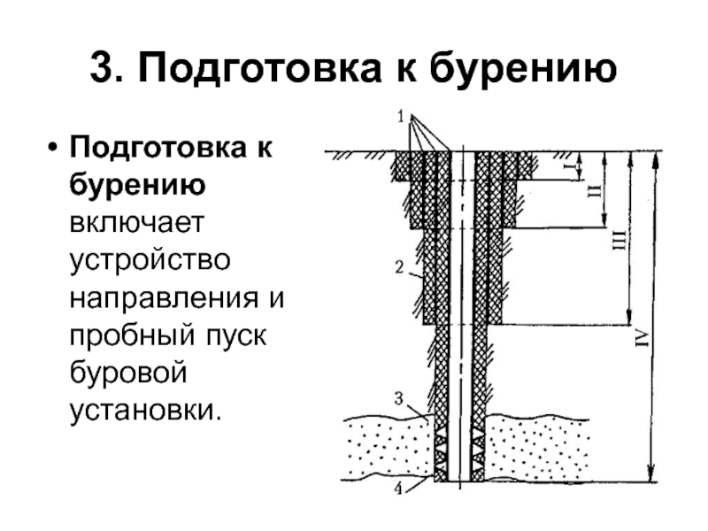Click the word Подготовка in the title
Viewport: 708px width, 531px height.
(x=257, y=69)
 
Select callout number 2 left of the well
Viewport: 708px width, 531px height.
(x=400, y=265)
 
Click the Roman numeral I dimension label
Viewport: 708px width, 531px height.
(x=573, y=165)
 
